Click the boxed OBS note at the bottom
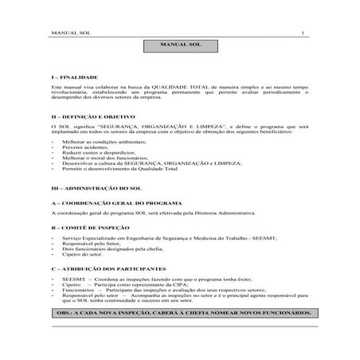pos(179,315)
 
